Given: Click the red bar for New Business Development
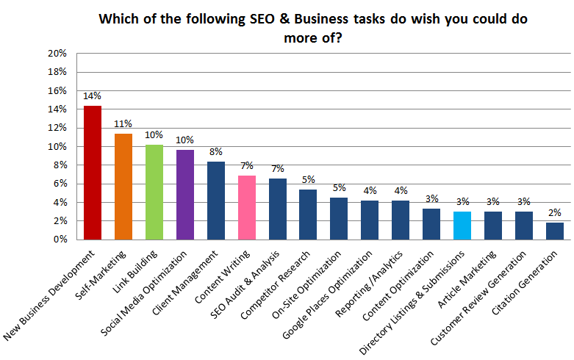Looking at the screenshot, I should pyautogui.click(x=93, y=173).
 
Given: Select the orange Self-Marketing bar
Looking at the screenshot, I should pyautogui.click(x=123, y=187).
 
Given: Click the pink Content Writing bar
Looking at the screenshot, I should pyautogui.click(x=247, y=207).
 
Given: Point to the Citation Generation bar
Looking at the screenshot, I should pyautogui.click(x=556, y=231).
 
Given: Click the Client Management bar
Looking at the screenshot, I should pyautogui.click(x=216, y=200).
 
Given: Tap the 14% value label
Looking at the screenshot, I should pyautogui.click(x=93, y=96).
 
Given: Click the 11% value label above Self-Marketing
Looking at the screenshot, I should pyautogui.click(x=123, y=123).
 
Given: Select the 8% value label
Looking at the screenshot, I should pyautogui.click(x=216, y=152).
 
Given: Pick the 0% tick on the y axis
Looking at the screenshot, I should pyautogui.click(x=60, y=239).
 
